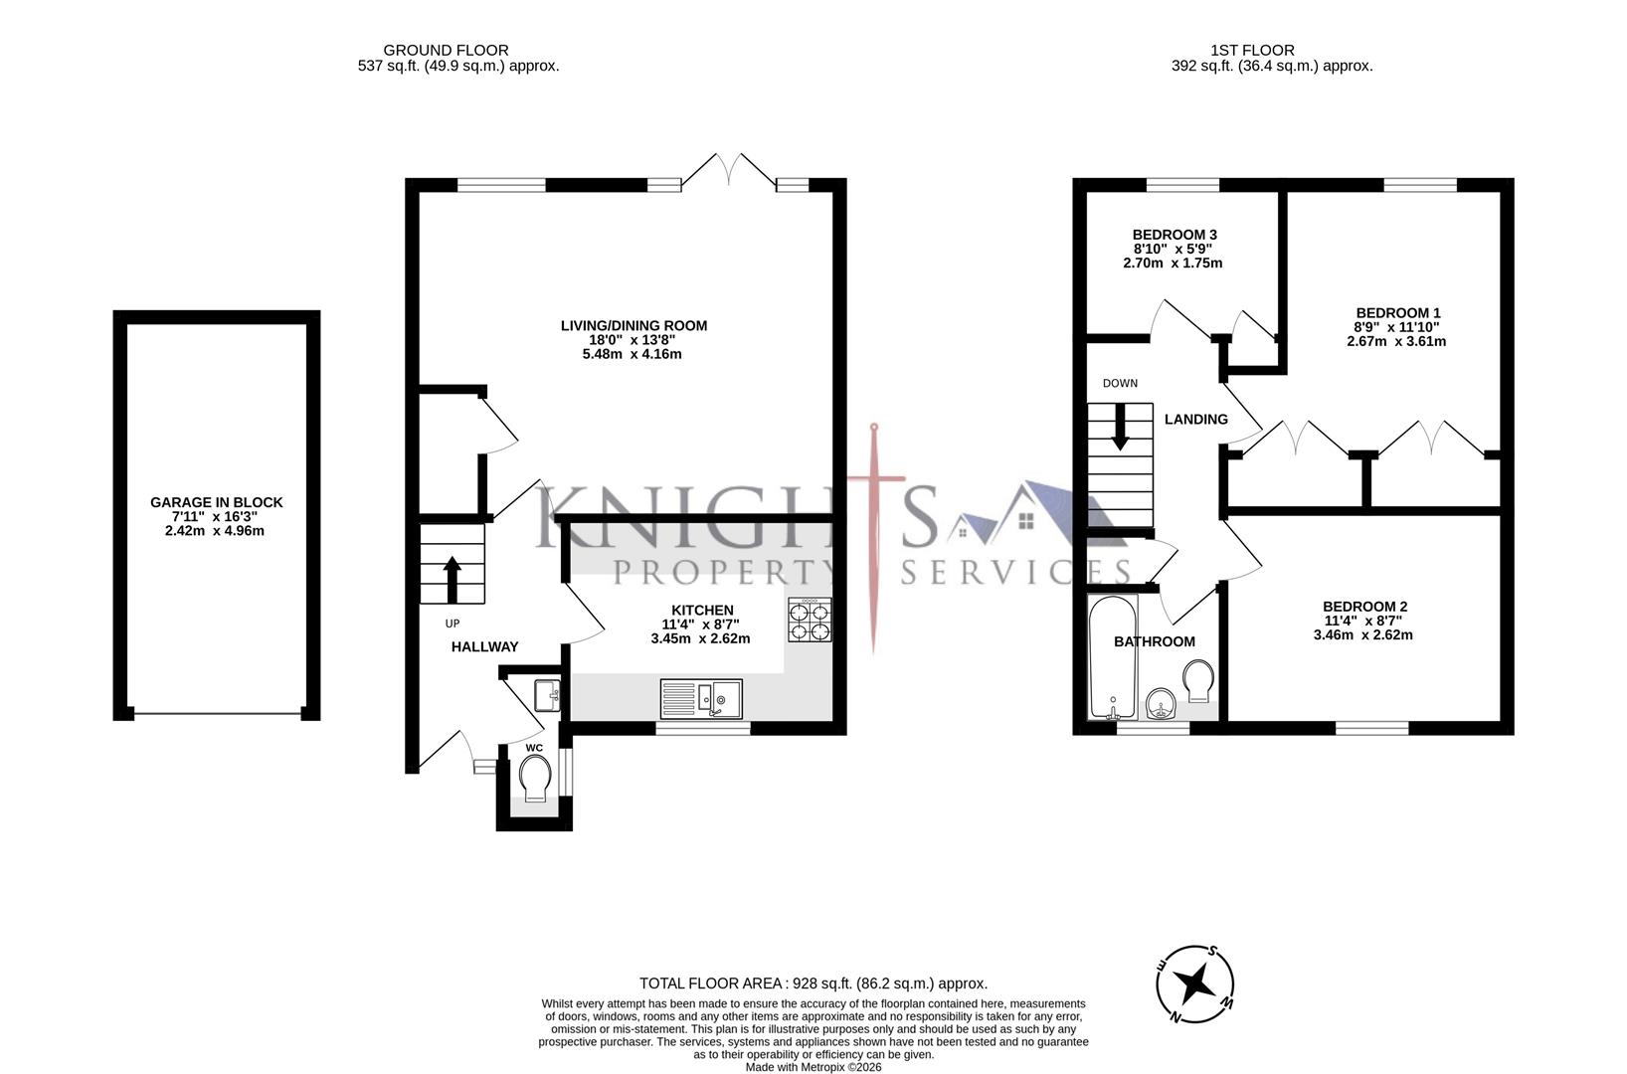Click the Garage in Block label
pyautogui.click(x=216, y=502)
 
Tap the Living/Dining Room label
pyautogui.click(x=633, y=325)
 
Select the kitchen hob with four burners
pyautogui.click(x=810, y=621)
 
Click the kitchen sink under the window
pyautogui.click(x=700, y=697)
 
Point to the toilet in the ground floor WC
pyautogui.click(x=535, y=777)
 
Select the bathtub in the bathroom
pyautogui.click(x=1111, y=657)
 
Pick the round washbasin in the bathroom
pyautogui.click(x=1160, y=705)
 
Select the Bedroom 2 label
pyautogui.click(x=1364, y=607)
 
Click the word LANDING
pyautogui.click(x=1195, y=420)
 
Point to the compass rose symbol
pyautogui.click(x=1194, y=984)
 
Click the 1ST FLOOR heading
pyautogui.click(x=1251, y=50)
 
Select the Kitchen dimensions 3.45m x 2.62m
pyautogui.click(x=700, y=638)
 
